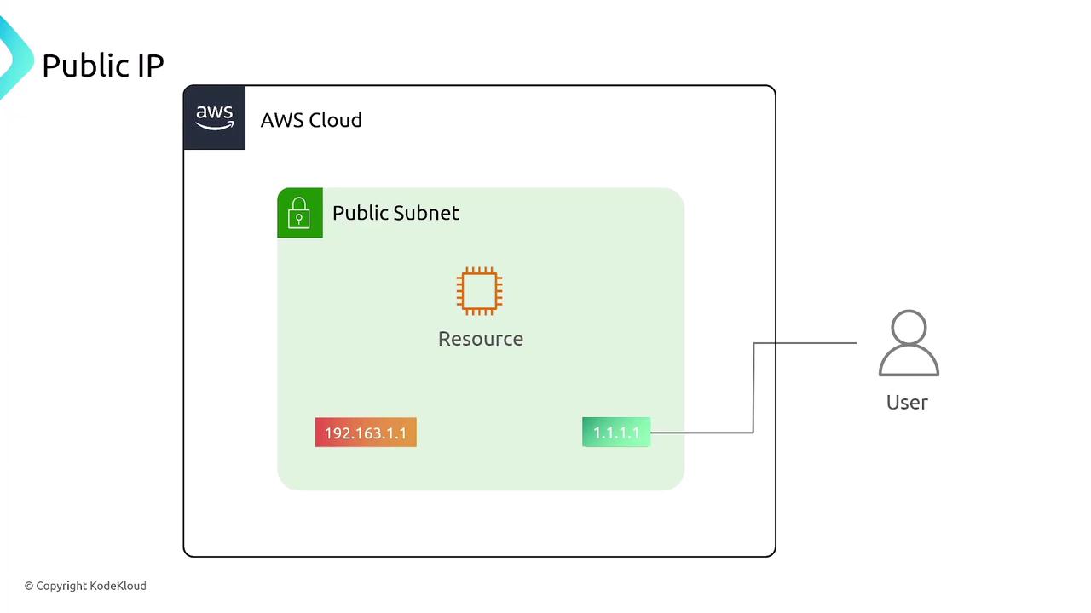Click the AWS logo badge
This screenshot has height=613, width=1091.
tap(214, 117)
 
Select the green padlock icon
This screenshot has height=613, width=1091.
tap(299, 213)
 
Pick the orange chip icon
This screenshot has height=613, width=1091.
tap(480, 290)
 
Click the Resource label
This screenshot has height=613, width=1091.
tap(481, 339)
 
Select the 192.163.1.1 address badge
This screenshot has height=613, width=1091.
tap(366, 433)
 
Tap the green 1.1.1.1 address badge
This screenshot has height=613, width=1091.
tap(616, 433)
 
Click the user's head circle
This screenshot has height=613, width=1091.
tap(909, 329)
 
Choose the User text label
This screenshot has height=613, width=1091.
tap(907, 402)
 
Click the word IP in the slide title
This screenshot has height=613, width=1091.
tap(149, 66)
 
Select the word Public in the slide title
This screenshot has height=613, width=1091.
tap(83, 66)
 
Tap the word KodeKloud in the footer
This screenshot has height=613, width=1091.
tap(118, 586)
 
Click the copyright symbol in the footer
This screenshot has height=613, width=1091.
tap(29, 586)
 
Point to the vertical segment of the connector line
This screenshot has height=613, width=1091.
tap(753, 387)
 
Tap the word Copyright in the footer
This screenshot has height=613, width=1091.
tap(61, 586)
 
